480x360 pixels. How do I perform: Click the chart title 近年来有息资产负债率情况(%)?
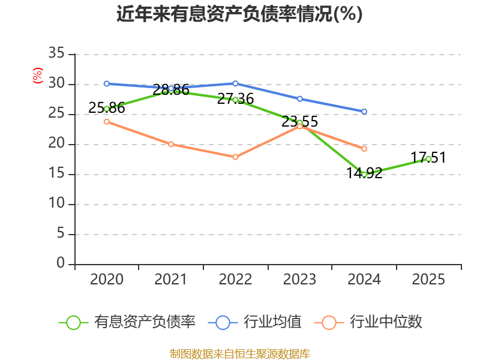click(239, 14)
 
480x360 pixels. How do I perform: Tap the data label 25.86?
click(106, 108)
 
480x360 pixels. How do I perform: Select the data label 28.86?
click(171, 90)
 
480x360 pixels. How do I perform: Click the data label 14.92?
click(364, 174)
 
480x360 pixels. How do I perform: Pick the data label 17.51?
click(428, 158)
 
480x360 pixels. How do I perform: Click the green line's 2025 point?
click(428, 159)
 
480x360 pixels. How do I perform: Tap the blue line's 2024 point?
click(364, 112)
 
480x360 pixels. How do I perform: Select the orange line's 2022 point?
click(235, 157)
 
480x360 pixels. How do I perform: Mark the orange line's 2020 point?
click(106, 121)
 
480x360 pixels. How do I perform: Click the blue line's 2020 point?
click(106, 83)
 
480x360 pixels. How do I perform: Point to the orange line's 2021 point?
click(171, 144)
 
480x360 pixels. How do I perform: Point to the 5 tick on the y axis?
click(60, 234)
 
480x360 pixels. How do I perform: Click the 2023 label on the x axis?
click(299, 280)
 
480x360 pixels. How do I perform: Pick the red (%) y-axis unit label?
click(38, 76)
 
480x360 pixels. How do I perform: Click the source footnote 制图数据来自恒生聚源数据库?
click(239, 353)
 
